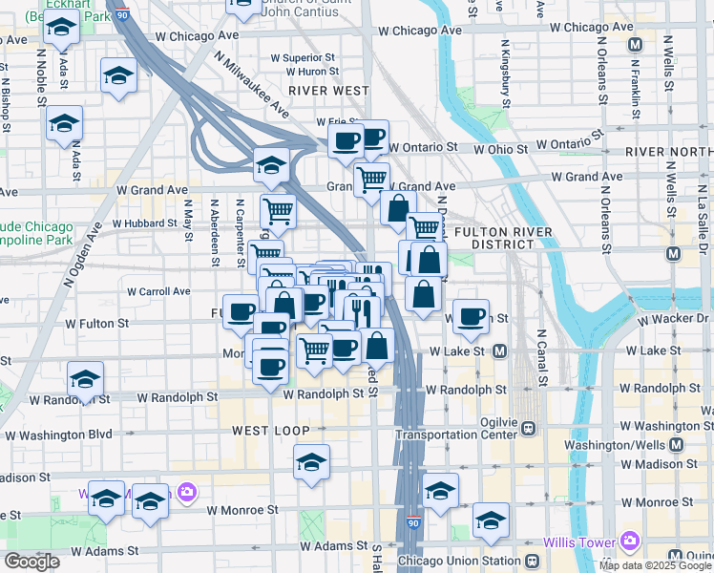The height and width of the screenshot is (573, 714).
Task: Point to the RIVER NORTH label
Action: [668, 153]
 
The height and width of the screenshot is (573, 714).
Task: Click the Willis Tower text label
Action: [577, 542]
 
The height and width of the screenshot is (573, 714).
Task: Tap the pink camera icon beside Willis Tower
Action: [628, 541]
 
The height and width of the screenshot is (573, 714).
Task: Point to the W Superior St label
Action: [303, 57]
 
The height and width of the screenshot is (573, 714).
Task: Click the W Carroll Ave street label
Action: [158, 291]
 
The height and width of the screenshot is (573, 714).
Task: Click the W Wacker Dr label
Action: [676, 318]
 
